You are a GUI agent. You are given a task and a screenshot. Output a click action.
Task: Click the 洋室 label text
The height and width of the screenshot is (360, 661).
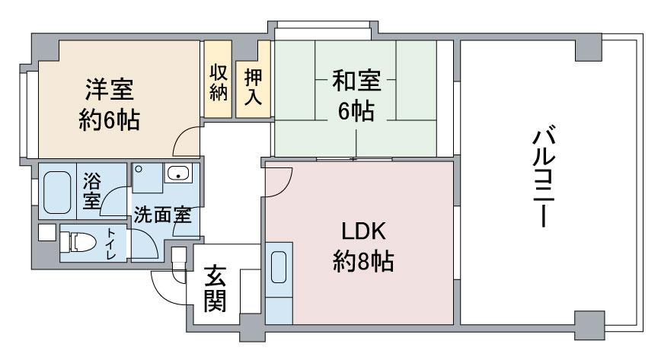click(x=110, y=89)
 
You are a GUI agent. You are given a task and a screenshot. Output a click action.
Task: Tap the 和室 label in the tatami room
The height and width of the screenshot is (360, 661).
click(x=356, y=81)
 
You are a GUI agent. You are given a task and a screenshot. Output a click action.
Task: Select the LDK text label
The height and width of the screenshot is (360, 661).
click(x=363, y=231)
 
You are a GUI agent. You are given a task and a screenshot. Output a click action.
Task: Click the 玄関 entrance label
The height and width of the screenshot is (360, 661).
click(x=215, y=288)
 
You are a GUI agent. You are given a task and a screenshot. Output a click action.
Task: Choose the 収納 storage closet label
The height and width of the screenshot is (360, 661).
click(x=219, y=81)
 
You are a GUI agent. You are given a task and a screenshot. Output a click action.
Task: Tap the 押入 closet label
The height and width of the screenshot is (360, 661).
click(x=253, y=87)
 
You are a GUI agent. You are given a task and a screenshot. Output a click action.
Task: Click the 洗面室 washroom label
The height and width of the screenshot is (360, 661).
click(x=163, y=215)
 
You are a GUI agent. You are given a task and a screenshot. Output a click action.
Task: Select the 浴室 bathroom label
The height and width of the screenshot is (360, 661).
click(x=92, y=190)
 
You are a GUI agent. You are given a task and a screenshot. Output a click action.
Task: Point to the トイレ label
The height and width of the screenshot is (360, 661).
click(x=111, y=244)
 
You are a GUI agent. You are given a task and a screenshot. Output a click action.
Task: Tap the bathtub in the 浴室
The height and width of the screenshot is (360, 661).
click(x=57, y=193)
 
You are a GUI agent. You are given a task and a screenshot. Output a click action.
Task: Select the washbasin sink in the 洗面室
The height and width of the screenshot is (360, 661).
click(x=179, y=173)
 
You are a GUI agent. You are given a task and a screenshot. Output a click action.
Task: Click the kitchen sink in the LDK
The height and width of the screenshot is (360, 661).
click(x=279, y=267)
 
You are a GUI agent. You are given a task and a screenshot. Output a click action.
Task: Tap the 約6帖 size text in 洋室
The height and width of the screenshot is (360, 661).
click(x=109, y=120)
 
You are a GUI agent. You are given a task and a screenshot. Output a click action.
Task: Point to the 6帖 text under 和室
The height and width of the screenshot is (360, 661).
click(x=356, y=111)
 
